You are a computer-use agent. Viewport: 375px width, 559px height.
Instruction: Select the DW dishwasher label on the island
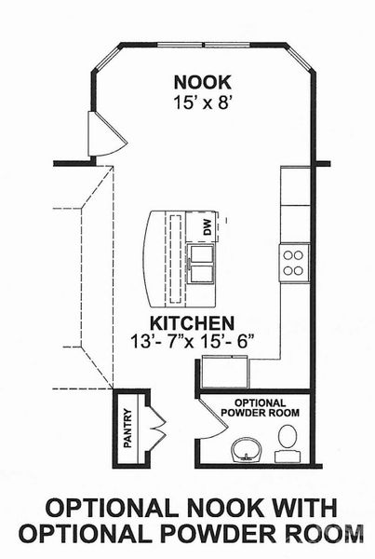(x=198, y=226)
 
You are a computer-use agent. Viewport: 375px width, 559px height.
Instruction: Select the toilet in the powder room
(x=288, y=437)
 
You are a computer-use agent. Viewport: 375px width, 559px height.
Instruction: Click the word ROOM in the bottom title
(x=326, y=535)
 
